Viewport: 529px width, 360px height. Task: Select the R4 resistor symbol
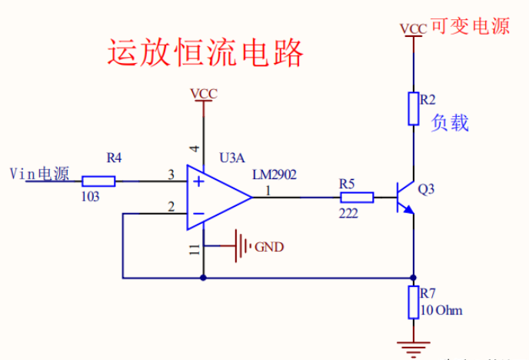98,182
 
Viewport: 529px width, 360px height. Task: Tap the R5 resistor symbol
357,198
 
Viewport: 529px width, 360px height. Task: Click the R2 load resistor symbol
414,108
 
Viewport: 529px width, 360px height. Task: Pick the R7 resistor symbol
414,302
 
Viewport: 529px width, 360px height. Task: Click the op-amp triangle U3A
215,198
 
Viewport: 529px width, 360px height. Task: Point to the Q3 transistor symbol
404,198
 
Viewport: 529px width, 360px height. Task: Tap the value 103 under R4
90,197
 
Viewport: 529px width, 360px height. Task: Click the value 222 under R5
348,213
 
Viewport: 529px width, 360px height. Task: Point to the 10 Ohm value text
442,311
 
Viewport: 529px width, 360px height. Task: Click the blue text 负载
450,123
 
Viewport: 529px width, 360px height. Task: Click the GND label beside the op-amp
269,247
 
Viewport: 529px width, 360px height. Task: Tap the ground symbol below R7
414,348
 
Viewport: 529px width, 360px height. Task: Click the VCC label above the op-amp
204,94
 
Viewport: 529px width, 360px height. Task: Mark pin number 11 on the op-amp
194,248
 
